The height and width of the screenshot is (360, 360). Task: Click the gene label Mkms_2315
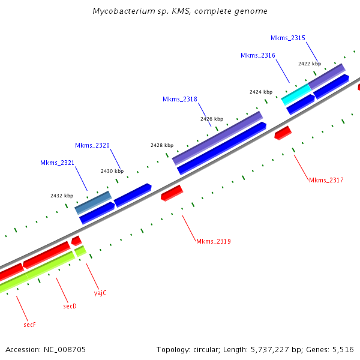pyautogui.click(x=287, y=38)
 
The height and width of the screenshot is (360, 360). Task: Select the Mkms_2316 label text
pyautogui.click(x=257, y=55)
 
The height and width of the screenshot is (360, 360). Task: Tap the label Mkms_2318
pyautogui.click(x=179, y=99)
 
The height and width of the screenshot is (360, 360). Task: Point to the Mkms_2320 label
pyautogui.click(x=92, y=145)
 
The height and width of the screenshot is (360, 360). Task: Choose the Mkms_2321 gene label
pyautogui.click(x=57, y=163)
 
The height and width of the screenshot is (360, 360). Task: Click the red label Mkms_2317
pyautogui.click(x=326, y=180)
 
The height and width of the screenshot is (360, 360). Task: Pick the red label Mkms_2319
pyautogui.click(x=213, y=241)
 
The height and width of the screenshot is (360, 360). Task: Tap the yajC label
pyautogui.click(x=100, y=293)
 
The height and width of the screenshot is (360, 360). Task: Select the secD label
pyautogui.click(x=70, y=306)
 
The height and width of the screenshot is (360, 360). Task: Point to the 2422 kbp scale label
pyautogui.click(x=309, y=63)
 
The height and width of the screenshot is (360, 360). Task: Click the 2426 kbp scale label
pyautogui.click(x=211, y=119)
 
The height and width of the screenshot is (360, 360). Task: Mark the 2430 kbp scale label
pyautogui.click(x=112, y=171)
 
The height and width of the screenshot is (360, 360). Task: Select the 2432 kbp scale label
pyautogui.click(x=61, y=196)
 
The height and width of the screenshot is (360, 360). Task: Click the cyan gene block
pyautogui.click(x=296, y=94)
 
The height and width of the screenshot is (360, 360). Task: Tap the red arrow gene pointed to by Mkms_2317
pyautogui.click(x=283, y=133)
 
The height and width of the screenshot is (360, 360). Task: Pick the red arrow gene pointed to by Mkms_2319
pyautogui.click(x=172, y=193)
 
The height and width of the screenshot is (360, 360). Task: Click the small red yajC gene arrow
pyautogui.click(x=76, y=241)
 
